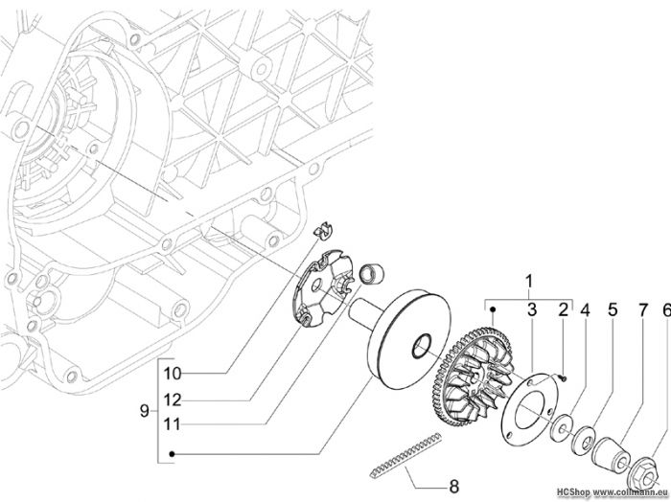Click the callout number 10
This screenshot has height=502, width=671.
(x=173, y=374)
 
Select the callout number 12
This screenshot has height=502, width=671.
(x=173, y=400)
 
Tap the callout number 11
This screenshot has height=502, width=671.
(x=172, y=424)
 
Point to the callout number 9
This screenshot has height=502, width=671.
(x=144, y=411)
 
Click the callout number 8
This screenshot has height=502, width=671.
(x=453, y=486)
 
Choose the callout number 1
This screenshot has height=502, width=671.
(x=529, y=282)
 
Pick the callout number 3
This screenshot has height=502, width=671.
(x=532, y=310)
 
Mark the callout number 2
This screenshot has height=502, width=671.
(x=564, y=310)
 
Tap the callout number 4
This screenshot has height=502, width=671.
(x=585, y=310)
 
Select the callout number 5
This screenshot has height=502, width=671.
(x=613, y=310)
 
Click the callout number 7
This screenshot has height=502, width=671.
(x=643, y=310)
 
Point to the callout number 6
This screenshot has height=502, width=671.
(x=666, y=310)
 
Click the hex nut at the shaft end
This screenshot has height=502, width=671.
(x=643, y=474)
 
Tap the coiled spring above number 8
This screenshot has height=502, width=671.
(x=405, y=456)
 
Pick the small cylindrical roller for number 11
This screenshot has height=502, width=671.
(x=372, y=273)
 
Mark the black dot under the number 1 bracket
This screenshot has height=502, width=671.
(x=493, y=308)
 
